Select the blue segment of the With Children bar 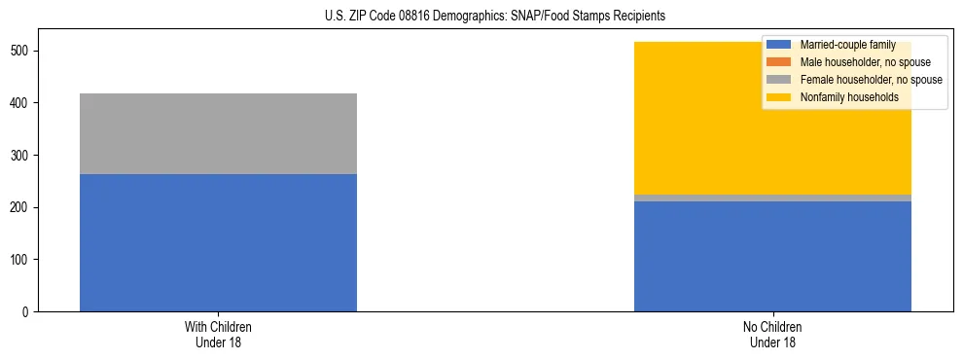[x=218, y=243]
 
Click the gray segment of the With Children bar [x=218, y=133]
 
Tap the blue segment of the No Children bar [x=772, y=257]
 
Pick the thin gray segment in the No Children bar [x=772, y=198]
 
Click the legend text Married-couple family [x=847, y=45]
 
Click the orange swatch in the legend [x=779, y=62]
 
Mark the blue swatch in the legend [x=779, y=45]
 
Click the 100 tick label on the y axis [x=22, y=260]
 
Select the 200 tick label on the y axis [x=22, y=207]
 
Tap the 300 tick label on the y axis [x=22, y=156]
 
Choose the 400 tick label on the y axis [x=22, y=103]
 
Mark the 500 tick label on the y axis [x=22, y=51]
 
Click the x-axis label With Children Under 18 [x=218, y=334]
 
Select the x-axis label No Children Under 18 [x=772, y=334]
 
